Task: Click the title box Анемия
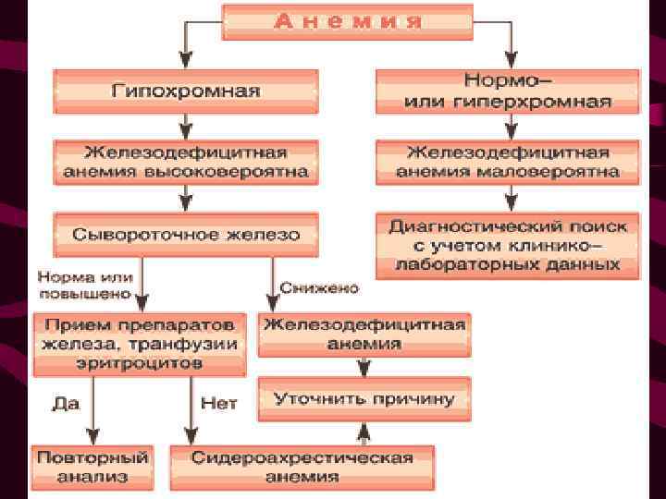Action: pos(348,21)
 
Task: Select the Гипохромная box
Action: pos(186,91)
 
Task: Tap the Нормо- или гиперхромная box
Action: pos(507,91)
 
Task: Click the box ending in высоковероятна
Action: pos(186,162)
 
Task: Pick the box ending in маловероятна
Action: pos(507,162)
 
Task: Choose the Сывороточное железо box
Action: pos(186,235)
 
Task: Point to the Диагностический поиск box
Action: pos(507,245)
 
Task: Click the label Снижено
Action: pos(319,288)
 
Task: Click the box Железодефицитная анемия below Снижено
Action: pos(364,334)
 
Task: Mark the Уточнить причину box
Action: pos(364,399)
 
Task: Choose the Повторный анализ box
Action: pos(92,468)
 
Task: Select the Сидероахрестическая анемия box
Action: pos(302,468)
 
